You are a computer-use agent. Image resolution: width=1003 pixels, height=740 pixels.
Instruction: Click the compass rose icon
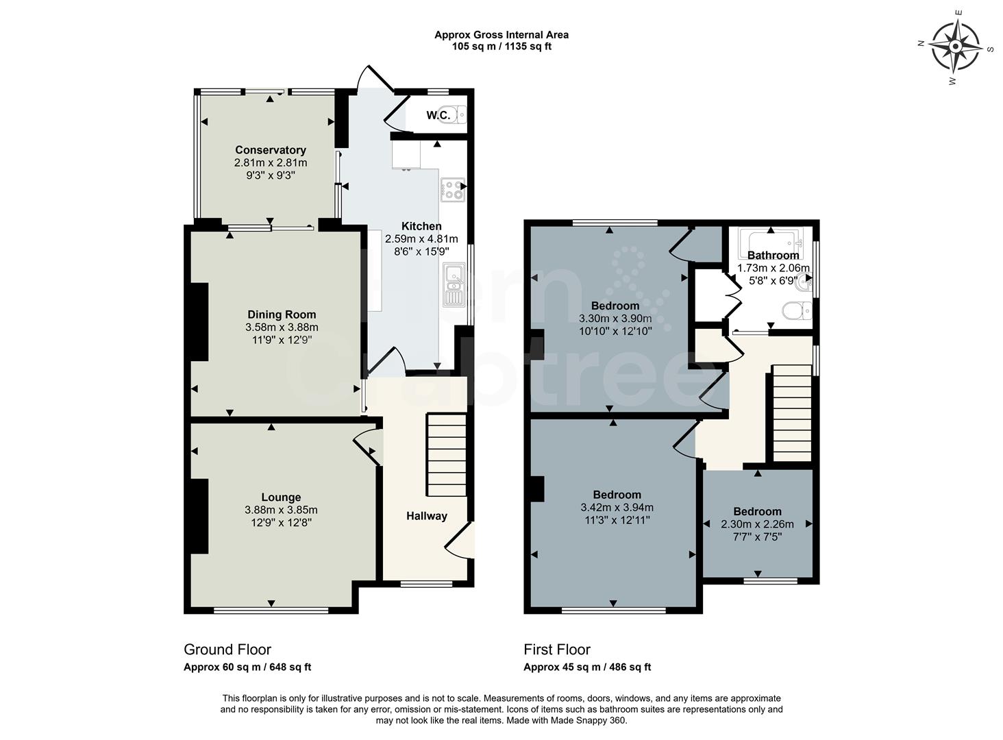pyautogui.click(x=955, y=47)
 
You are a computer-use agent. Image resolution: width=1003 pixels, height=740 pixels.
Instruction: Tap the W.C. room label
pyautogui.click(x=438, y=115)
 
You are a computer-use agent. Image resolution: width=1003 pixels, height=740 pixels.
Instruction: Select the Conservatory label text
pyautogui.click(x=271, y=150)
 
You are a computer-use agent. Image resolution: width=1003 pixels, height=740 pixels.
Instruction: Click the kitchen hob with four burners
pyautogui.click(x=452, y=190)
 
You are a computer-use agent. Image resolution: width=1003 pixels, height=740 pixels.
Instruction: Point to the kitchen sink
pyautogui.click(x=454, y=284)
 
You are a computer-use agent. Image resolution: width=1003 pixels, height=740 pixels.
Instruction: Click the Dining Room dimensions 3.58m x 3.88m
pyautogui.click(x=282, y=328)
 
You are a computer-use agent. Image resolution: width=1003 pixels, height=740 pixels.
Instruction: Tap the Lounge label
pyautogui.click(x=281, y=497)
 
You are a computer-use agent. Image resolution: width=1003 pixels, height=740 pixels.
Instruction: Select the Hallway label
pyautogui.click(x=426, y=516)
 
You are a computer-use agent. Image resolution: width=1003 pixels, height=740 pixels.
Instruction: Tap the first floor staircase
pyautogui.click(x=793, y=413)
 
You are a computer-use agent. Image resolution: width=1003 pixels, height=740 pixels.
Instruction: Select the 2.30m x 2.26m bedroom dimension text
pyautogui.click(x=757, y=524)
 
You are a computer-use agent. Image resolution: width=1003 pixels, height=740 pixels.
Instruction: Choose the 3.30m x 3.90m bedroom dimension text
pyautogui.click(x=615, y=319)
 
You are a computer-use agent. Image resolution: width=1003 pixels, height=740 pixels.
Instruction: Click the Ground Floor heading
pyautogui.click(x=227, y=650)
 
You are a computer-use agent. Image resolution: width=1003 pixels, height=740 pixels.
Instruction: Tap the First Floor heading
pyautogui.click(x=557, y=650)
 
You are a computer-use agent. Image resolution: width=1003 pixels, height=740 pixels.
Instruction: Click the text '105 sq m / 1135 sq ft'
pyautogui.click(x=501, y=47)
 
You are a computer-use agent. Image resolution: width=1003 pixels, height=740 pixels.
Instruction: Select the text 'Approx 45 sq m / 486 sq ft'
pyautogui.click(x=587, y=667)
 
